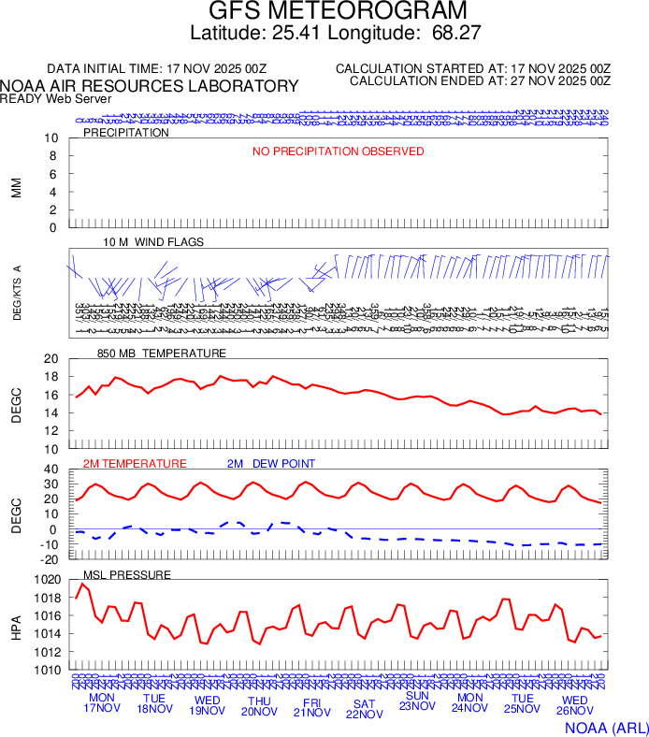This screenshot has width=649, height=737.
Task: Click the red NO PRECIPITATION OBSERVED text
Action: point(338,152)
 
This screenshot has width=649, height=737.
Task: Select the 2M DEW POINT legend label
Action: point(271,464)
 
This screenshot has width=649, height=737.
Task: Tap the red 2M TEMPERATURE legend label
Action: point(135,464)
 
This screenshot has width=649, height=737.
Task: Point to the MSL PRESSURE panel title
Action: point(127,574)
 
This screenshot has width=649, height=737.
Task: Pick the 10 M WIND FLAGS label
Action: point(153,242)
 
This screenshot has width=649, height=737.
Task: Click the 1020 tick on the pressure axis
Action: point(46,580)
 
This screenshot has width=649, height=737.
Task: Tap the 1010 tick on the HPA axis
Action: point(46,670)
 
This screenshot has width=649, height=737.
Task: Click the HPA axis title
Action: point(16,625)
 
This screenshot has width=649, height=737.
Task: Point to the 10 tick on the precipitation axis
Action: point(52,138)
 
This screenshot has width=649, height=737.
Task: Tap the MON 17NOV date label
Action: point(102,703)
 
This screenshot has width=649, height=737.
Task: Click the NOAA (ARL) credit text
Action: point(606,727)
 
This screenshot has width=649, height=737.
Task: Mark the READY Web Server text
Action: point(56,99)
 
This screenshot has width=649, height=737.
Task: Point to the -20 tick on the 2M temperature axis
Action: point(50,559)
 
